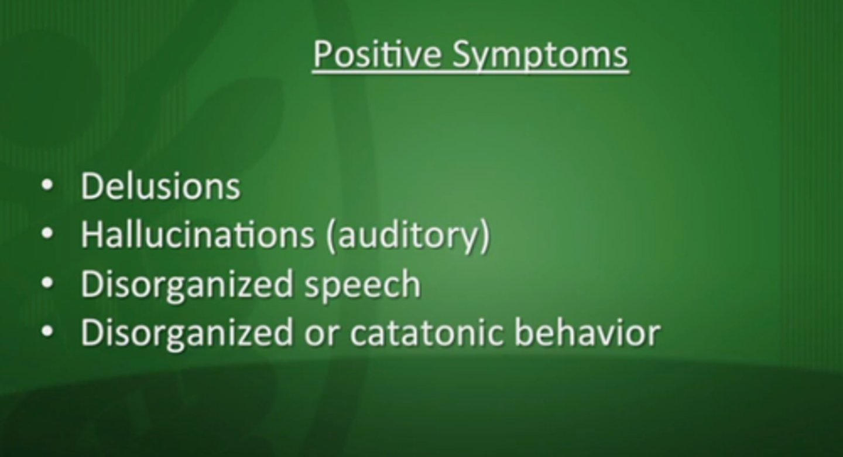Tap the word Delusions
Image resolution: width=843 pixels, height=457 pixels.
pyautogui.click(x=160, y=187)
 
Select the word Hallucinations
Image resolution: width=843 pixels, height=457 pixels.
pyautogui.click(x=197, y=235)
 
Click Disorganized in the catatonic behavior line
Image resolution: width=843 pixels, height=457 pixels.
pyautogui.click(x=187, y=333)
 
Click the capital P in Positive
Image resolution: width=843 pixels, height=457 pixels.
pyautogui.click(x=322, y=54)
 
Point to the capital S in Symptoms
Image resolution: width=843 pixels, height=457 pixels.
pyautogui.click(x=462, y=54)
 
